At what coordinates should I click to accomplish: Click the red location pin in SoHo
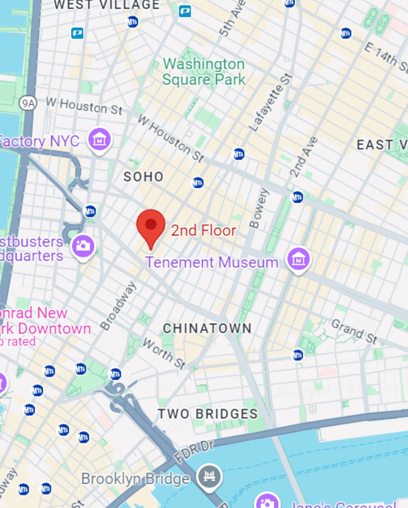tap(151, 226)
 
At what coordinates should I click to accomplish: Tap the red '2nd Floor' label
tap(204, 230)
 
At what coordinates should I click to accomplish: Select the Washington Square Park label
tap(204, 72)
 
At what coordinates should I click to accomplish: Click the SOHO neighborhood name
tap(143, 176)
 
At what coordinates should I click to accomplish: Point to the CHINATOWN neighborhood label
tap(207, 328)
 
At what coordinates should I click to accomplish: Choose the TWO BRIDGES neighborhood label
tap(207, 414)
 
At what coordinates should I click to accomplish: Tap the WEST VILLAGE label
tap(106, 5)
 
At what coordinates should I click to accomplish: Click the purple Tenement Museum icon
tap(299, 259)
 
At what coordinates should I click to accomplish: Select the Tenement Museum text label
tap(212, 262)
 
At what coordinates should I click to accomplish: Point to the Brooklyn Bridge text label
tap(135, 479)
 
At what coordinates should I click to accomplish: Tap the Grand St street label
tap(354, 332)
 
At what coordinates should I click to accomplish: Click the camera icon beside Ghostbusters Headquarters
tap(83, 246)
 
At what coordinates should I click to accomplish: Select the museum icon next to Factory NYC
tap(100, 139)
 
